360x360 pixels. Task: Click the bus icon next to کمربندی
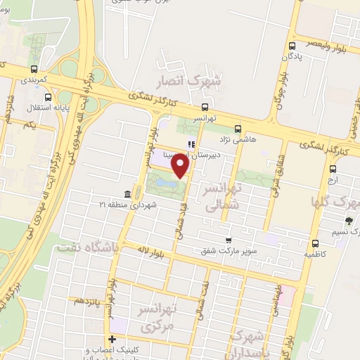point(34,70)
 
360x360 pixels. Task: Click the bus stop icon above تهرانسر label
point(204,107)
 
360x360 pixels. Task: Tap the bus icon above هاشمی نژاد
point(238,129)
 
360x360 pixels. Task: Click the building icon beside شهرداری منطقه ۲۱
point(127,193)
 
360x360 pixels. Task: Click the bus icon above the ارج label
point(333,168)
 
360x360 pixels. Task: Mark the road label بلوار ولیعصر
point(328,30)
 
